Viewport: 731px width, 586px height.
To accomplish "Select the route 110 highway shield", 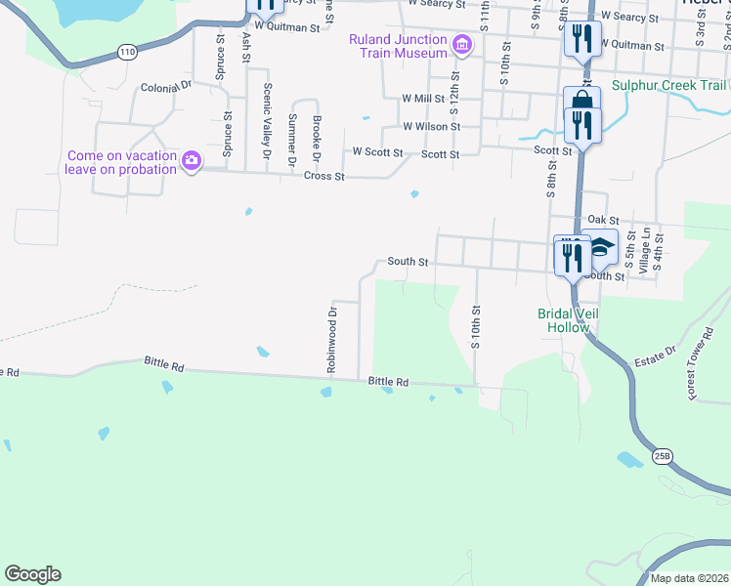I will pyautogui.click(x=127, y=53).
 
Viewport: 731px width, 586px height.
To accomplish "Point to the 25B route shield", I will pyautogui.click(x=663, y=455).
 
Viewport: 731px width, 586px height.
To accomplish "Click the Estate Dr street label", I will pyautogui.click(x=656, y=354).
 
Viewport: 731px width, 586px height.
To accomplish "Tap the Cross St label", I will pyautogui.click(x=324, y=177).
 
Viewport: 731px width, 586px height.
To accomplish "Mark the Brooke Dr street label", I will pyautogui.click(x=317, y=138).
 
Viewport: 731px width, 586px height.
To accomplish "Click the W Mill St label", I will pyautogui.click(x=423, y=99).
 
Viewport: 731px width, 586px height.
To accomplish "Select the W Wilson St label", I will pyautogui.click(x=432, y=127).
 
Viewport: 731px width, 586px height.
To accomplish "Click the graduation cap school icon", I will pyautogui.click(x=602, y=246).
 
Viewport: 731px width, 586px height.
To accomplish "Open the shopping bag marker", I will pyautogui.click(x=581, y=103).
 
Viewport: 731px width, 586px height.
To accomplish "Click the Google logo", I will pyautogui.click(x=32, y=574).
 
